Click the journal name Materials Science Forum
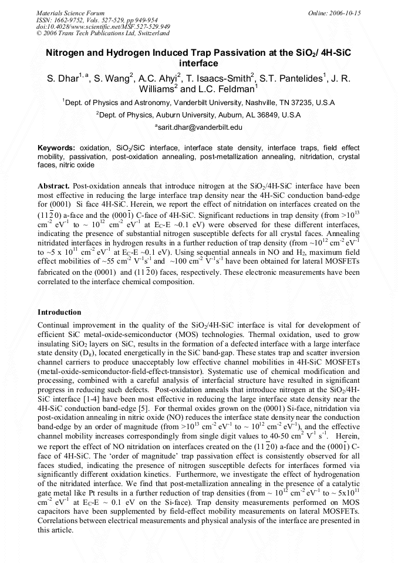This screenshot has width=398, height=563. (70, 13)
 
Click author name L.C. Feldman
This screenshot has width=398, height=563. (226, 90)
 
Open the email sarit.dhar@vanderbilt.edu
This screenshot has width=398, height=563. (199, 127)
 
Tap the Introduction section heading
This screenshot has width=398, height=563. (59, 312)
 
